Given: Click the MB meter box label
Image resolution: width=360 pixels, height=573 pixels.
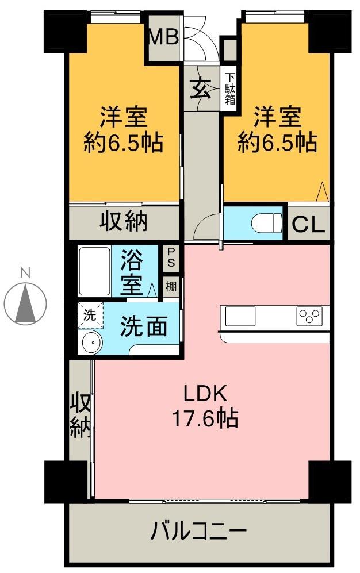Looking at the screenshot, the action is [164, 37].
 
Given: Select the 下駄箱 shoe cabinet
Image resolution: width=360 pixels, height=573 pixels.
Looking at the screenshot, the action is [229, 89].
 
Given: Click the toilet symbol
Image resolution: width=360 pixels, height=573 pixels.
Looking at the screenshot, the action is [267, 223].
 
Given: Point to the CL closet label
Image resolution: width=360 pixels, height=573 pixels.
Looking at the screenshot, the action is [308, 224].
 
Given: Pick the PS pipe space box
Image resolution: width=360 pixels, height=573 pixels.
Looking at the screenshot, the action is [171, 257].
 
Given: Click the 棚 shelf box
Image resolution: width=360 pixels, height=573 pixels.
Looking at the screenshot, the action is [171, 286].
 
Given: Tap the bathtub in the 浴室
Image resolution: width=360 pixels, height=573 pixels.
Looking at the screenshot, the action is [95, 271].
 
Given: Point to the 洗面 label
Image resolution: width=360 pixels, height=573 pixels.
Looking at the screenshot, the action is [144, 326].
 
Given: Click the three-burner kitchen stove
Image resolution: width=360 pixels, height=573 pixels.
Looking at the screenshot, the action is [310, 316].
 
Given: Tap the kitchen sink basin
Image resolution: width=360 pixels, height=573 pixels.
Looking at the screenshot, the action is [240, 316].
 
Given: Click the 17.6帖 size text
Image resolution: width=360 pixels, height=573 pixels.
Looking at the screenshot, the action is [205, 418].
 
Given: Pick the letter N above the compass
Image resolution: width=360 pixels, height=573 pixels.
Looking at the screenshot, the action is [25, 272].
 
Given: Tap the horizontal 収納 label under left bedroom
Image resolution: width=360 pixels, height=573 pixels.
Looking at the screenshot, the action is [124, 221].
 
